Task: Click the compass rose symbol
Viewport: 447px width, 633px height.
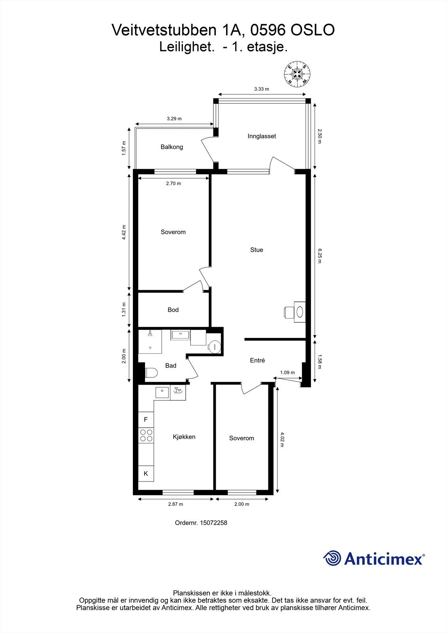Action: [x=297, y=74]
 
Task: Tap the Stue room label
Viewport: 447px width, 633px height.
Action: [x=257, y=250]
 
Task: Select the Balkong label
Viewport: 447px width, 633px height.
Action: [x=172, y=147]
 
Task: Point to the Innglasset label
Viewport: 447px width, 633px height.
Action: [x=262, y=136]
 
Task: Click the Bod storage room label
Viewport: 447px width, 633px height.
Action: [x=173, y=310]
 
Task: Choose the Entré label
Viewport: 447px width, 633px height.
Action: [x=257, y=360]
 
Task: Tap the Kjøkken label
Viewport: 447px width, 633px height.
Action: [x=184, y=437]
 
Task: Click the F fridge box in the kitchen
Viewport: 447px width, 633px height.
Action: [x=146, y=420]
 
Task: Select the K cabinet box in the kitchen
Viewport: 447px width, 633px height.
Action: [x=146, y=473]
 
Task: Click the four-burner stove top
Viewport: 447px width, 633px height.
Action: [x=146, y=435]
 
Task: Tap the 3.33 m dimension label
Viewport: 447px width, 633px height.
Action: [x=262, y=89]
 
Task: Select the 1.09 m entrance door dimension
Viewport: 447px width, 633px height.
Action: [x=287, y=372]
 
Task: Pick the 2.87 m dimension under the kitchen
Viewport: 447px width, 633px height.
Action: [x=175, y=504]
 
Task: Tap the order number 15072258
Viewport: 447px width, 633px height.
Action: [x=213, y=523]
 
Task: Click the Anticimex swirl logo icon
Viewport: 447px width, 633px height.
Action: [x=332, y=558]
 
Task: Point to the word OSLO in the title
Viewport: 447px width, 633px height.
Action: [x=313, y=30]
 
